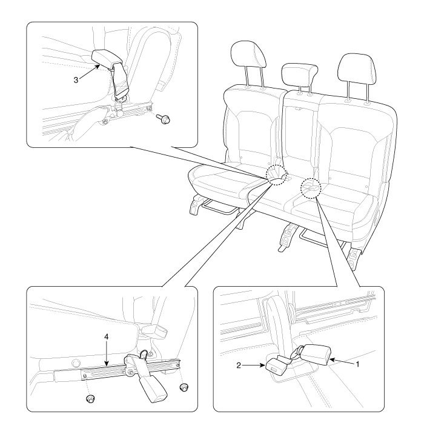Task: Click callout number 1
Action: [357, 364]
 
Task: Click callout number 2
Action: [239, 366]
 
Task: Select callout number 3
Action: [76, 80]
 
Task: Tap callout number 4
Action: [107, 337]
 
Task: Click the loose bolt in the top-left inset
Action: [163, 119]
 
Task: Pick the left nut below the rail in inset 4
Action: [90, 399]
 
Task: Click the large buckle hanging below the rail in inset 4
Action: [153, 389]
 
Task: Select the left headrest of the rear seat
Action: [248, 55]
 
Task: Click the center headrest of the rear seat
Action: [299, 73]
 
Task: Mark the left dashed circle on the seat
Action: [276, 175]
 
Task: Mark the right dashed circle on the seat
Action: [310, 188]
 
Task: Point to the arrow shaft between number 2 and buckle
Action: [254, 366]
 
